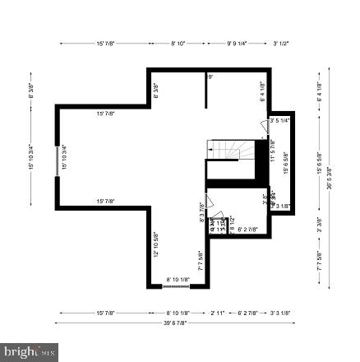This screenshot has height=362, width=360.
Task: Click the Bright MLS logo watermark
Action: point(30,352)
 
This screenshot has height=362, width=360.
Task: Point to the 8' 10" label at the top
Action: point(178,43)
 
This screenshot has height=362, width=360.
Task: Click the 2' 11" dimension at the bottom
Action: point(218,313)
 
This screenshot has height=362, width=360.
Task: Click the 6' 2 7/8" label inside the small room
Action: point(248,230)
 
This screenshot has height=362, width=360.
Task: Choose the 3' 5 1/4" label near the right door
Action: point(279,120)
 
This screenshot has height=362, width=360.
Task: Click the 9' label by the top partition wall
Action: point(210,77)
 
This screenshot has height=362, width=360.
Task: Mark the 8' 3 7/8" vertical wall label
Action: point(202,212)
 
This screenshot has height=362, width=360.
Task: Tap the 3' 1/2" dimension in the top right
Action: point(281,43)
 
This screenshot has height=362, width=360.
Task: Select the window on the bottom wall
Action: point(178,285)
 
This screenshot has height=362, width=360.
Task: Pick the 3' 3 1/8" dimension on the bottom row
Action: point(280,313)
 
